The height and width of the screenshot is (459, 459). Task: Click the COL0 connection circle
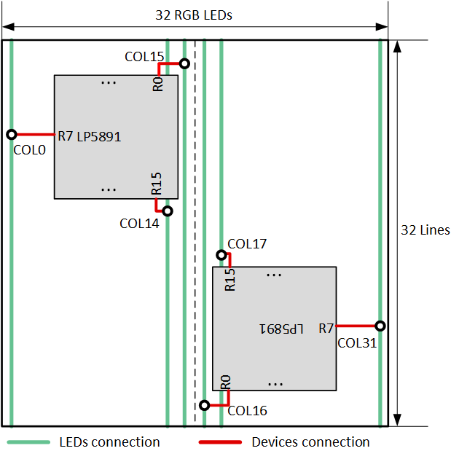(12, 135)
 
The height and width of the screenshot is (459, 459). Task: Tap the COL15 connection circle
(184, 64)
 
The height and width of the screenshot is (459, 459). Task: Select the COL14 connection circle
(167, 211)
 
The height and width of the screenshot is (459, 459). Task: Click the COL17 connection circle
(221, 255)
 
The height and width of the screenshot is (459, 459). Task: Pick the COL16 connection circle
(205, 404)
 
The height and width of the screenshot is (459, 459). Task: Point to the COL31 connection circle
(380, 326)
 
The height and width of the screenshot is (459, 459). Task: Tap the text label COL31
(357, 342)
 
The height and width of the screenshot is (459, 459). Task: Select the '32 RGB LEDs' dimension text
(194, 15)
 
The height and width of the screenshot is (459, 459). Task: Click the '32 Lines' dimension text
(425, 230)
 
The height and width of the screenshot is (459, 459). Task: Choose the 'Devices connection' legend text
(310, 442)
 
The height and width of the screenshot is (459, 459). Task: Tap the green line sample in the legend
(29, 442)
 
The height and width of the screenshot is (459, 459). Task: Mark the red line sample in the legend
(220, 442)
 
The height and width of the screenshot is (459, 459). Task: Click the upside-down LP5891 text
(280, 329)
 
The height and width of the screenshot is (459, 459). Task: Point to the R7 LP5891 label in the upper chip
(89, 136)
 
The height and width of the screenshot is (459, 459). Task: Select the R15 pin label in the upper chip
(157, 184)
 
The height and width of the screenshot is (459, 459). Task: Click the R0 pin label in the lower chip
(225, 382)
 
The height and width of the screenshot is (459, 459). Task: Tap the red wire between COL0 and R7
(35, 135)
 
